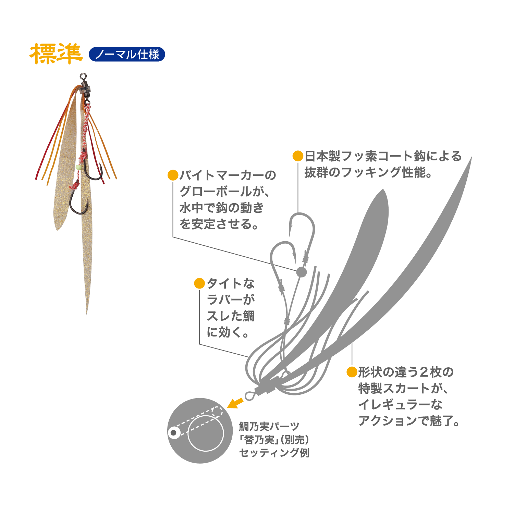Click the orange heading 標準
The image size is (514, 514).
(56, 54)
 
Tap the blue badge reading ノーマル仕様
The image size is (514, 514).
(127, 54)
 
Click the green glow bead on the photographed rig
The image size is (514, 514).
(78, 167)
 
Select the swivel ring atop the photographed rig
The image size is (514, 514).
(83, 76)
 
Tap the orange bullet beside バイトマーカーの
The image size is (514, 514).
(173, 175)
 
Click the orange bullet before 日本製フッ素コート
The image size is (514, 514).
(298, 156)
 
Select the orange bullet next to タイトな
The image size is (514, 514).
(199, 283)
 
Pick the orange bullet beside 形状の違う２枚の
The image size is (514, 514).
(352, 372)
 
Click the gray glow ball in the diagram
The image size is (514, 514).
(301, 272)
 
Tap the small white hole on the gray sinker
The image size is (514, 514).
(173, 432)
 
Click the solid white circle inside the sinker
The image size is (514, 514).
(206, 433)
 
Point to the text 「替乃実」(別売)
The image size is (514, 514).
(274, 440)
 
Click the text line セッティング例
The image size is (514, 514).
(274, 453)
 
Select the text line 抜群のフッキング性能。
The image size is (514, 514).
(369, 172)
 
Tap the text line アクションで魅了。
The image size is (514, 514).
(409, 421)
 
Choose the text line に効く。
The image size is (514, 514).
(228, 332)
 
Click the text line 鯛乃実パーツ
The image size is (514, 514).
(269, 427)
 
